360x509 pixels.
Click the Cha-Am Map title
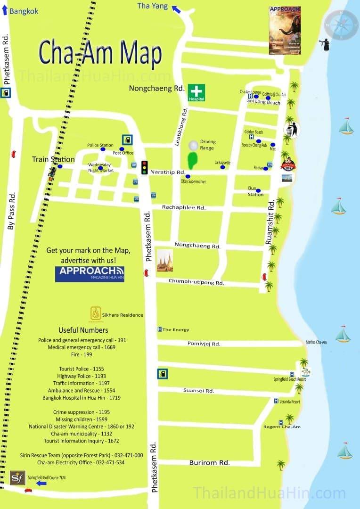tap(100, 54)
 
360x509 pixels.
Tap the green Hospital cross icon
tap(196, 92)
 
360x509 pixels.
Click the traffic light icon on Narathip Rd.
tap(145, 167)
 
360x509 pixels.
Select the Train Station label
tap(53, 159)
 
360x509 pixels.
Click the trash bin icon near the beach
tap(292, 129)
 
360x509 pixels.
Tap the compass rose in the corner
tap(341, 25)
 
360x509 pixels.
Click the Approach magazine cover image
tap(285, 30)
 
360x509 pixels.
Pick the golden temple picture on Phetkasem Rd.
tap(165, 261)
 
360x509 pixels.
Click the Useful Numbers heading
tap(83, 330)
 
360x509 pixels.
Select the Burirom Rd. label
tap(209, 462)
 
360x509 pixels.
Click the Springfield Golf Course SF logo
tap(17, 477)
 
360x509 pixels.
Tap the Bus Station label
tap(255, 191)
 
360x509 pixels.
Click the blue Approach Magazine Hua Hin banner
tap(90, 274)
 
